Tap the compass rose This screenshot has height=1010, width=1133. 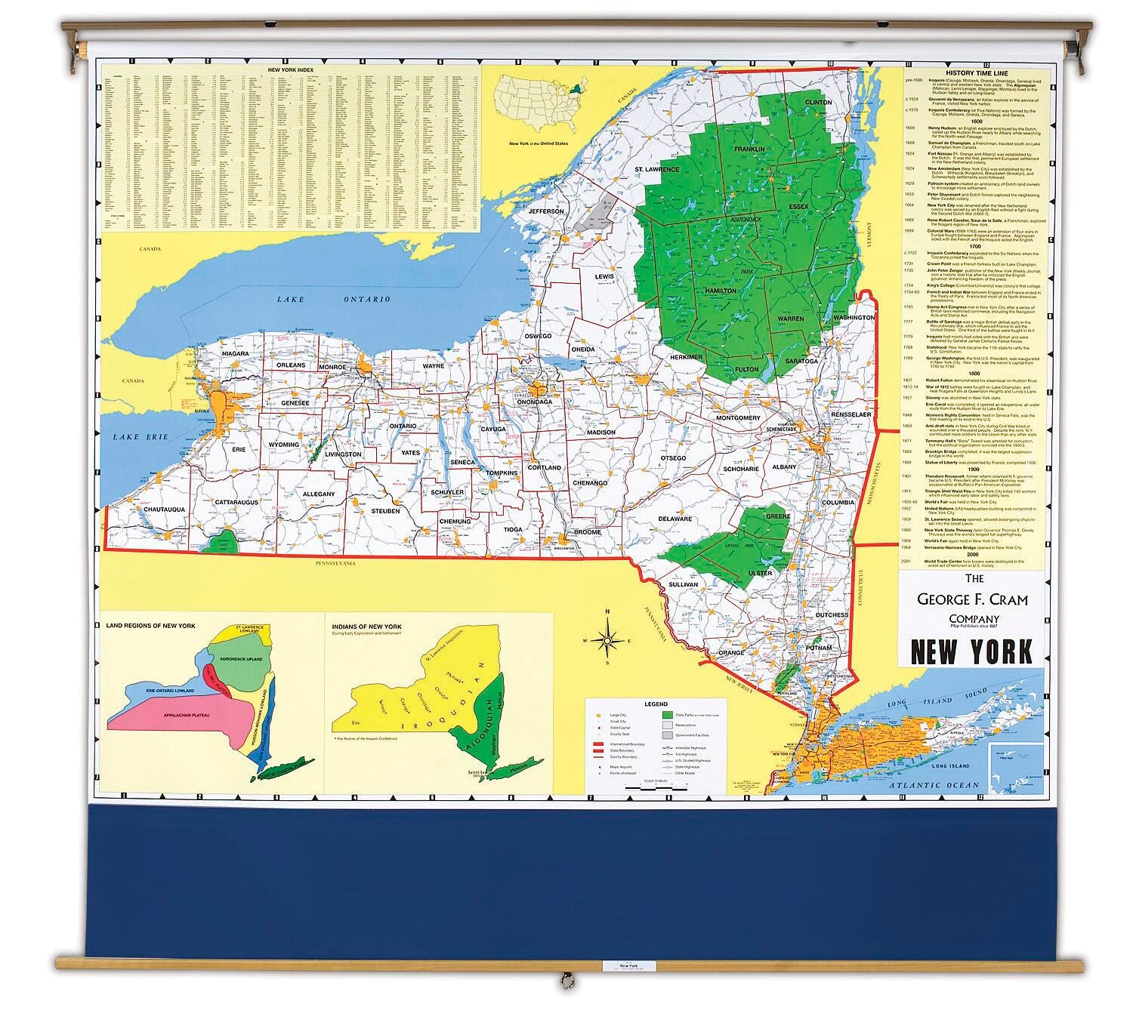point(606,641)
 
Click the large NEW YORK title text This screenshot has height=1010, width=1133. point(971,651)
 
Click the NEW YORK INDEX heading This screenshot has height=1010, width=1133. point(291,70)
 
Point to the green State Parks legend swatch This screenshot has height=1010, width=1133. point(667,713)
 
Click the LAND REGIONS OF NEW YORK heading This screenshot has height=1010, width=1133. point(151,626)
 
